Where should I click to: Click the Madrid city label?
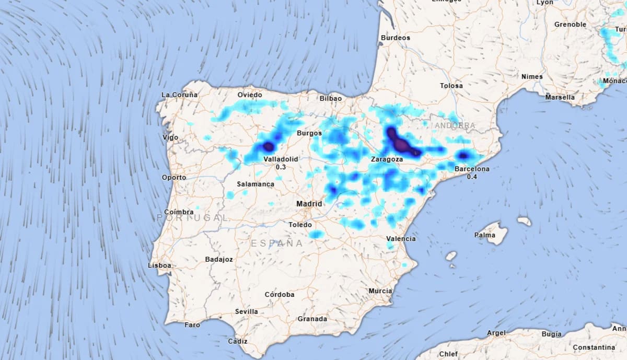[309, 204]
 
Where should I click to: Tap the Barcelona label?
[472, 169]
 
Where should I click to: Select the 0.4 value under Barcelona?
[472, 177]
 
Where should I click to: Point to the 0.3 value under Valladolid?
[281, 167]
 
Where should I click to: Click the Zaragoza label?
[387, 159]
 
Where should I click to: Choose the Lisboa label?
[160, 265]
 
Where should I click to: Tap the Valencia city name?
[402, 239]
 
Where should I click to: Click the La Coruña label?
[180, 95]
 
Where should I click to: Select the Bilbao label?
[331, 98]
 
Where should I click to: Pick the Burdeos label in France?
[396, 38]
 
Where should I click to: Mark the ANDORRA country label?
[455, 126]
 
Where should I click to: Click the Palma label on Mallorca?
[484, 235]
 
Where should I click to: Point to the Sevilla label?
[246, 311]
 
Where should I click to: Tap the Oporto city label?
[174, 178]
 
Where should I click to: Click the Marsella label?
[560, 97]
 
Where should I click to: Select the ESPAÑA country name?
[277, 243]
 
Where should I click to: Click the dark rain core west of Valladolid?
[268, 147]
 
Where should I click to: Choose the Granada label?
[312, 319]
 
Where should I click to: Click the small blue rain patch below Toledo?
[316, 235]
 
